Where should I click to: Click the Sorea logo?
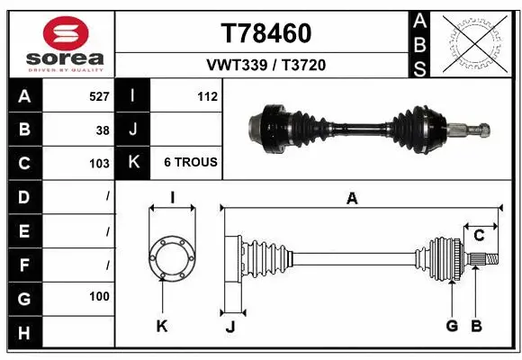click(x=60, y=42)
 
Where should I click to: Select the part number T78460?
click(x=265, y=33)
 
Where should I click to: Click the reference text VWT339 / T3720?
click(x=266, y=65)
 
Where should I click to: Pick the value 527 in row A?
click(x=99, y=96)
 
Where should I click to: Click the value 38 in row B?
click(x=103, y=130)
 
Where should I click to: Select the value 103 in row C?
click(x=99, y=163)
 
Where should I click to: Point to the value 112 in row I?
click(x=207, y=96)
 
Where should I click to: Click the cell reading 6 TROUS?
click(x=190, y=162)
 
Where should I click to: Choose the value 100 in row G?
click(x=99, y=296)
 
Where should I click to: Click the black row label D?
click(x=23, y=196)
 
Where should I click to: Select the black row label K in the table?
click(x=133, y=162)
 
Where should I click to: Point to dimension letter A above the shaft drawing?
click(x=352, y=199)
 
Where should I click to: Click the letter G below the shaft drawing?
click(x=452, y=326)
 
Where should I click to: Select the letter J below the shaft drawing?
click(x=229, y=327)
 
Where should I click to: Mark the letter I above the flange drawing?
click(x=172, y=198)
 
